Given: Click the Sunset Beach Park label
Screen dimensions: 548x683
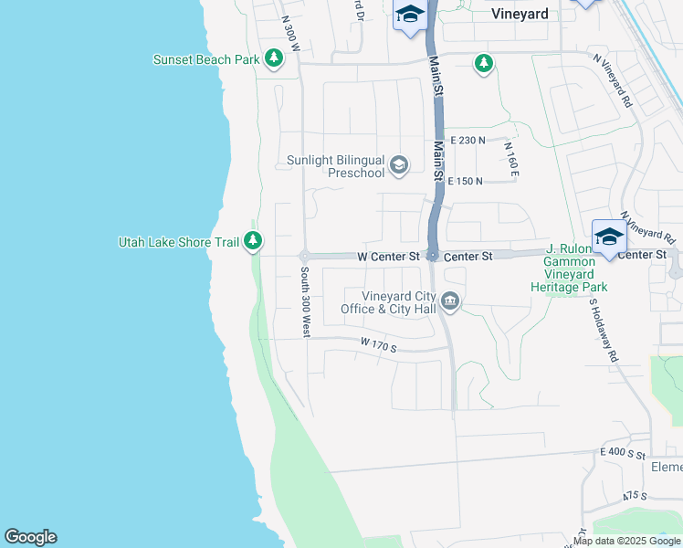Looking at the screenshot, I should click(x=206, y=60).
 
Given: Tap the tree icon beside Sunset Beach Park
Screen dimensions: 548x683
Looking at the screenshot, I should click(x=274, y=59).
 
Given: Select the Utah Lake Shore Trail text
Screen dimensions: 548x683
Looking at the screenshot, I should click(x=178, y=242).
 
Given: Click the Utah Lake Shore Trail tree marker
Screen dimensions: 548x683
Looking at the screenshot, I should click(x=254, y=242).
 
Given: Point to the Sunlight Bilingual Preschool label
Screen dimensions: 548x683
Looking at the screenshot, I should click(x=335, y=166).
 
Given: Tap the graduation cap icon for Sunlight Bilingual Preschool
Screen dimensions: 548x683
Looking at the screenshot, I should click(x=398, y=165).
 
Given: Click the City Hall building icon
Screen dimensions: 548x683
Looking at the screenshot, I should click(x=450, y=301).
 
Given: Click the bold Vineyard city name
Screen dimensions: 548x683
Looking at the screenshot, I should click(x=519, y=14).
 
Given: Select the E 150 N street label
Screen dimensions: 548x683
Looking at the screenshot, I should click(x=466, y=181).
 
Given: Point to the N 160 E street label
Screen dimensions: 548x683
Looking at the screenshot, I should click(x=512, y=158).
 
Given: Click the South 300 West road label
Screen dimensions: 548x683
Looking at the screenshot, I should click(x=304, y=302).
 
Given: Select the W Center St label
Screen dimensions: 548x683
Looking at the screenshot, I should click(x=387, y=256).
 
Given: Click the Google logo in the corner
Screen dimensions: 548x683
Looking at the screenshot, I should click(x=30, y=537).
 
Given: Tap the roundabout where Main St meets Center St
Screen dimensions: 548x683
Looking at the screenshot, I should click(x=433, y=256).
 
